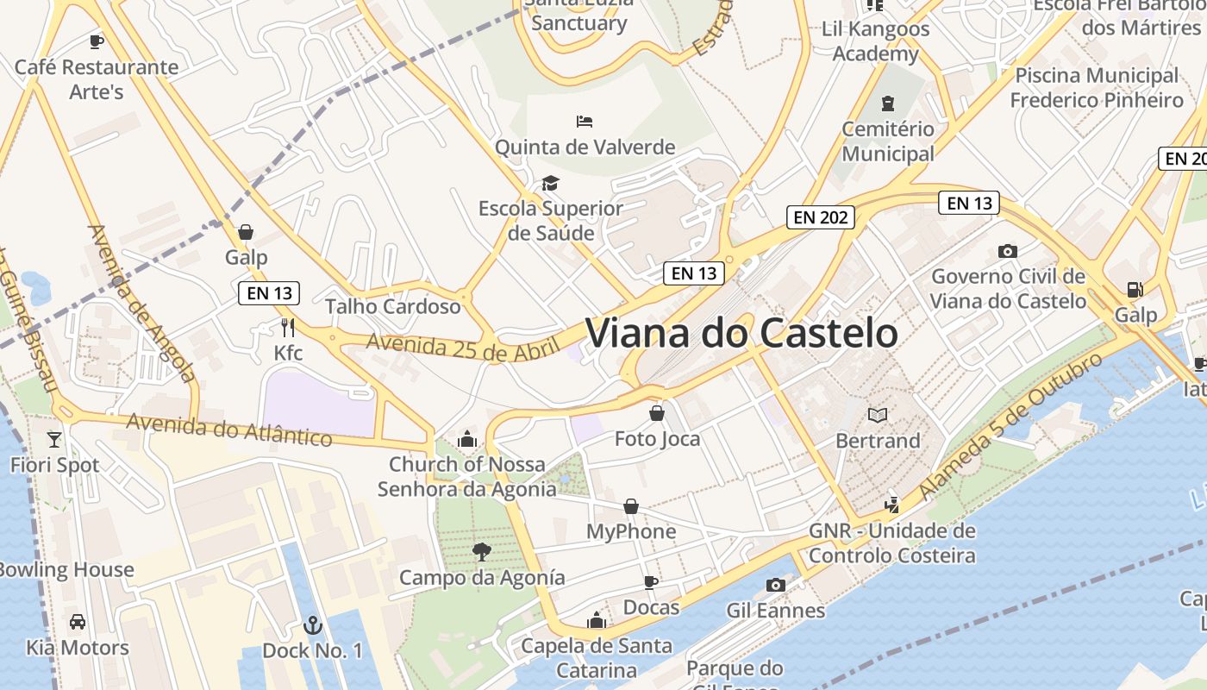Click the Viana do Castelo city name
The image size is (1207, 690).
pos(741,334)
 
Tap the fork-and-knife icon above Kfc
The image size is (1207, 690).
pos(288,327)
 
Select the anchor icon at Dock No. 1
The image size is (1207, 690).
pos(313,624)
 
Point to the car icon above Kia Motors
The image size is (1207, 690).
pos(78,621)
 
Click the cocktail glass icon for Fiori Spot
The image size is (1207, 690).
pos(54,439)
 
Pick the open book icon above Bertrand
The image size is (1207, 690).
pos(878,415)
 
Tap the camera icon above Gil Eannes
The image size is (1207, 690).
pos(776,585)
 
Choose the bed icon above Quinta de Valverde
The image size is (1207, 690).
pos(585,121)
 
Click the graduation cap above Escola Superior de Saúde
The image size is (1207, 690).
pos(550,183)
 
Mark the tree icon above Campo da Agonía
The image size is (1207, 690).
pos(482,551)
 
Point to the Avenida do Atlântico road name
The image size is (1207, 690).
pos(229,430)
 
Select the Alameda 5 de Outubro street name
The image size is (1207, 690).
pos(1010,427)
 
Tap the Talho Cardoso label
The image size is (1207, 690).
pos(393,306)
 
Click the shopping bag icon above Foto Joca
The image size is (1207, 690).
pos(657,413)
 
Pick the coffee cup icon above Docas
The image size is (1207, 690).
pos(651,582)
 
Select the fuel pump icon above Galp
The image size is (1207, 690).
pos(1135,290)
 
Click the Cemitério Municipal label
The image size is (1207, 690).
pos(888,141)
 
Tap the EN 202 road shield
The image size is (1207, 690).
pos(821,217)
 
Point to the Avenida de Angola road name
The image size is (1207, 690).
pos(141,304)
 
